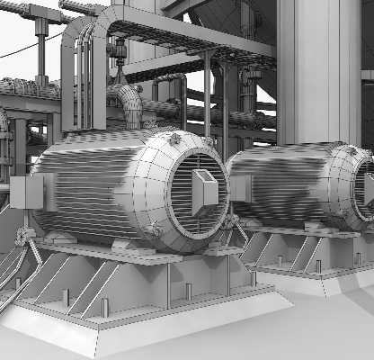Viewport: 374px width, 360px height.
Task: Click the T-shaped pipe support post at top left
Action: (40, 27)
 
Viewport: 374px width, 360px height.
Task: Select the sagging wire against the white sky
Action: (22, 49)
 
